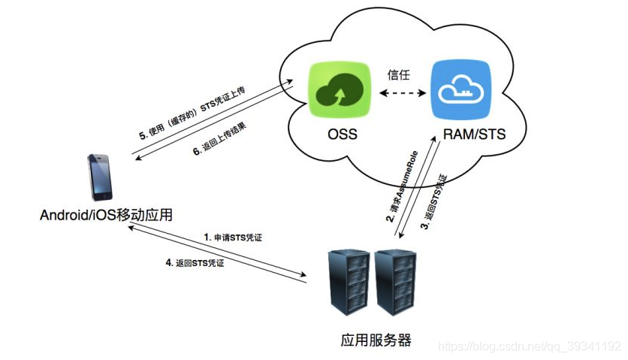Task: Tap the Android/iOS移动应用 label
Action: (107, 216)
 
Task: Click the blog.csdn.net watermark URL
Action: (529, 346)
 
